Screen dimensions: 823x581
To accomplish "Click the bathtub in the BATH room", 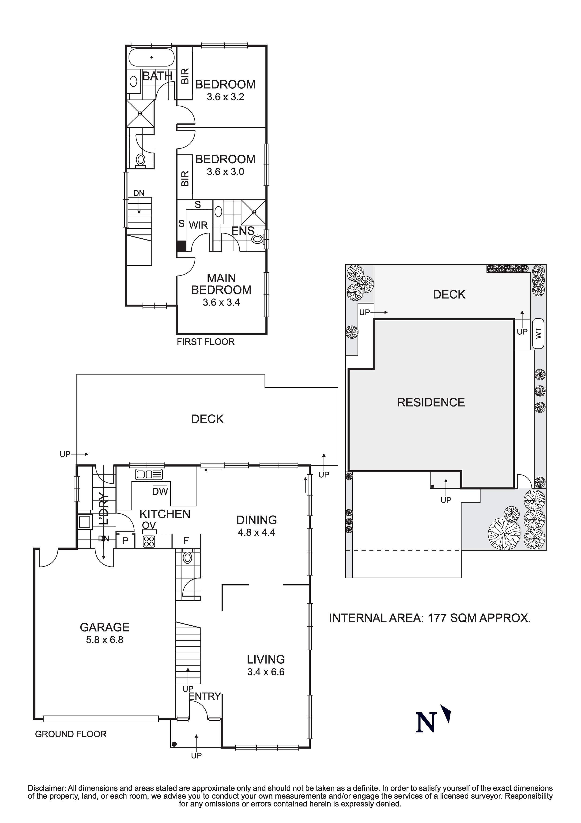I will click(151, 57).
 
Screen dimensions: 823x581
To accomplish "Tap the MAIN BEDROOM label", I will click(221, 284).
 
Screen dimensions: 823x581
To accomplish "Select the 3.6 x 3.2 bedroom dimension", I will click(225, 97).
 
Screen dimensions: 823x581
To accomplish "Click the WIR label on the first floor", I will click(198, 225).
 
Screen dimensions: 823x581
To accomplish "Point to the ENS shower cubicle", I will click(254, 212).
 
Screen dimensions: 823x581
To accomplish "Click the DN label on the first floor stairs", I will click(139, 193).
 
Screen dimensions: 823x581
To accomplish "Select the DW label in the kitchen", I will click(160, 491).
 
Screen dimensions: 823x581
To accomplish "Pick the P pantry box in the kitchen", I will click(125, 541).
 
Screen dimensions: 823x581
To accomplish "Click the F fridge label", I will click(186, 541).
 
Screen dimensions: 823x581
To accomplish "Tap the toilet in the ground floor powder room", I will click(187, 557).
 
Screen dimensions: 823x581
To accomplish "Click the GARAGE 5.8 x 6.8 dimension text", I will click(105, 640).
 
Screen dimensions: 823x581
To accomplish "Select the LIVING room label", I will click(266, 659).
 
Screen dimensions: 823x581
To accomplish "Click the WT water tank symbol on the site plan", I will click(538, 334).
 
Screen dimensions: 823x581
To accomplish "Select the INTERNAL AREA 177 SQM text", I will click(430, 618).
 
